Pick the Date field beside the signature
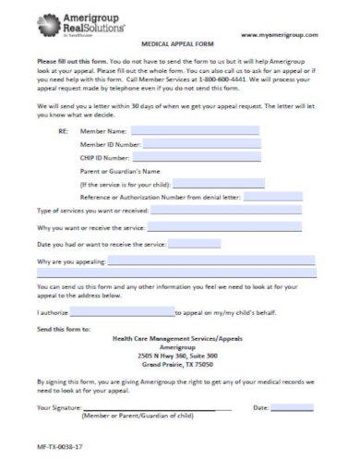(x=292, y=406)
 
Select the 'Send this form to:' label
(x=64, y=328)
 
